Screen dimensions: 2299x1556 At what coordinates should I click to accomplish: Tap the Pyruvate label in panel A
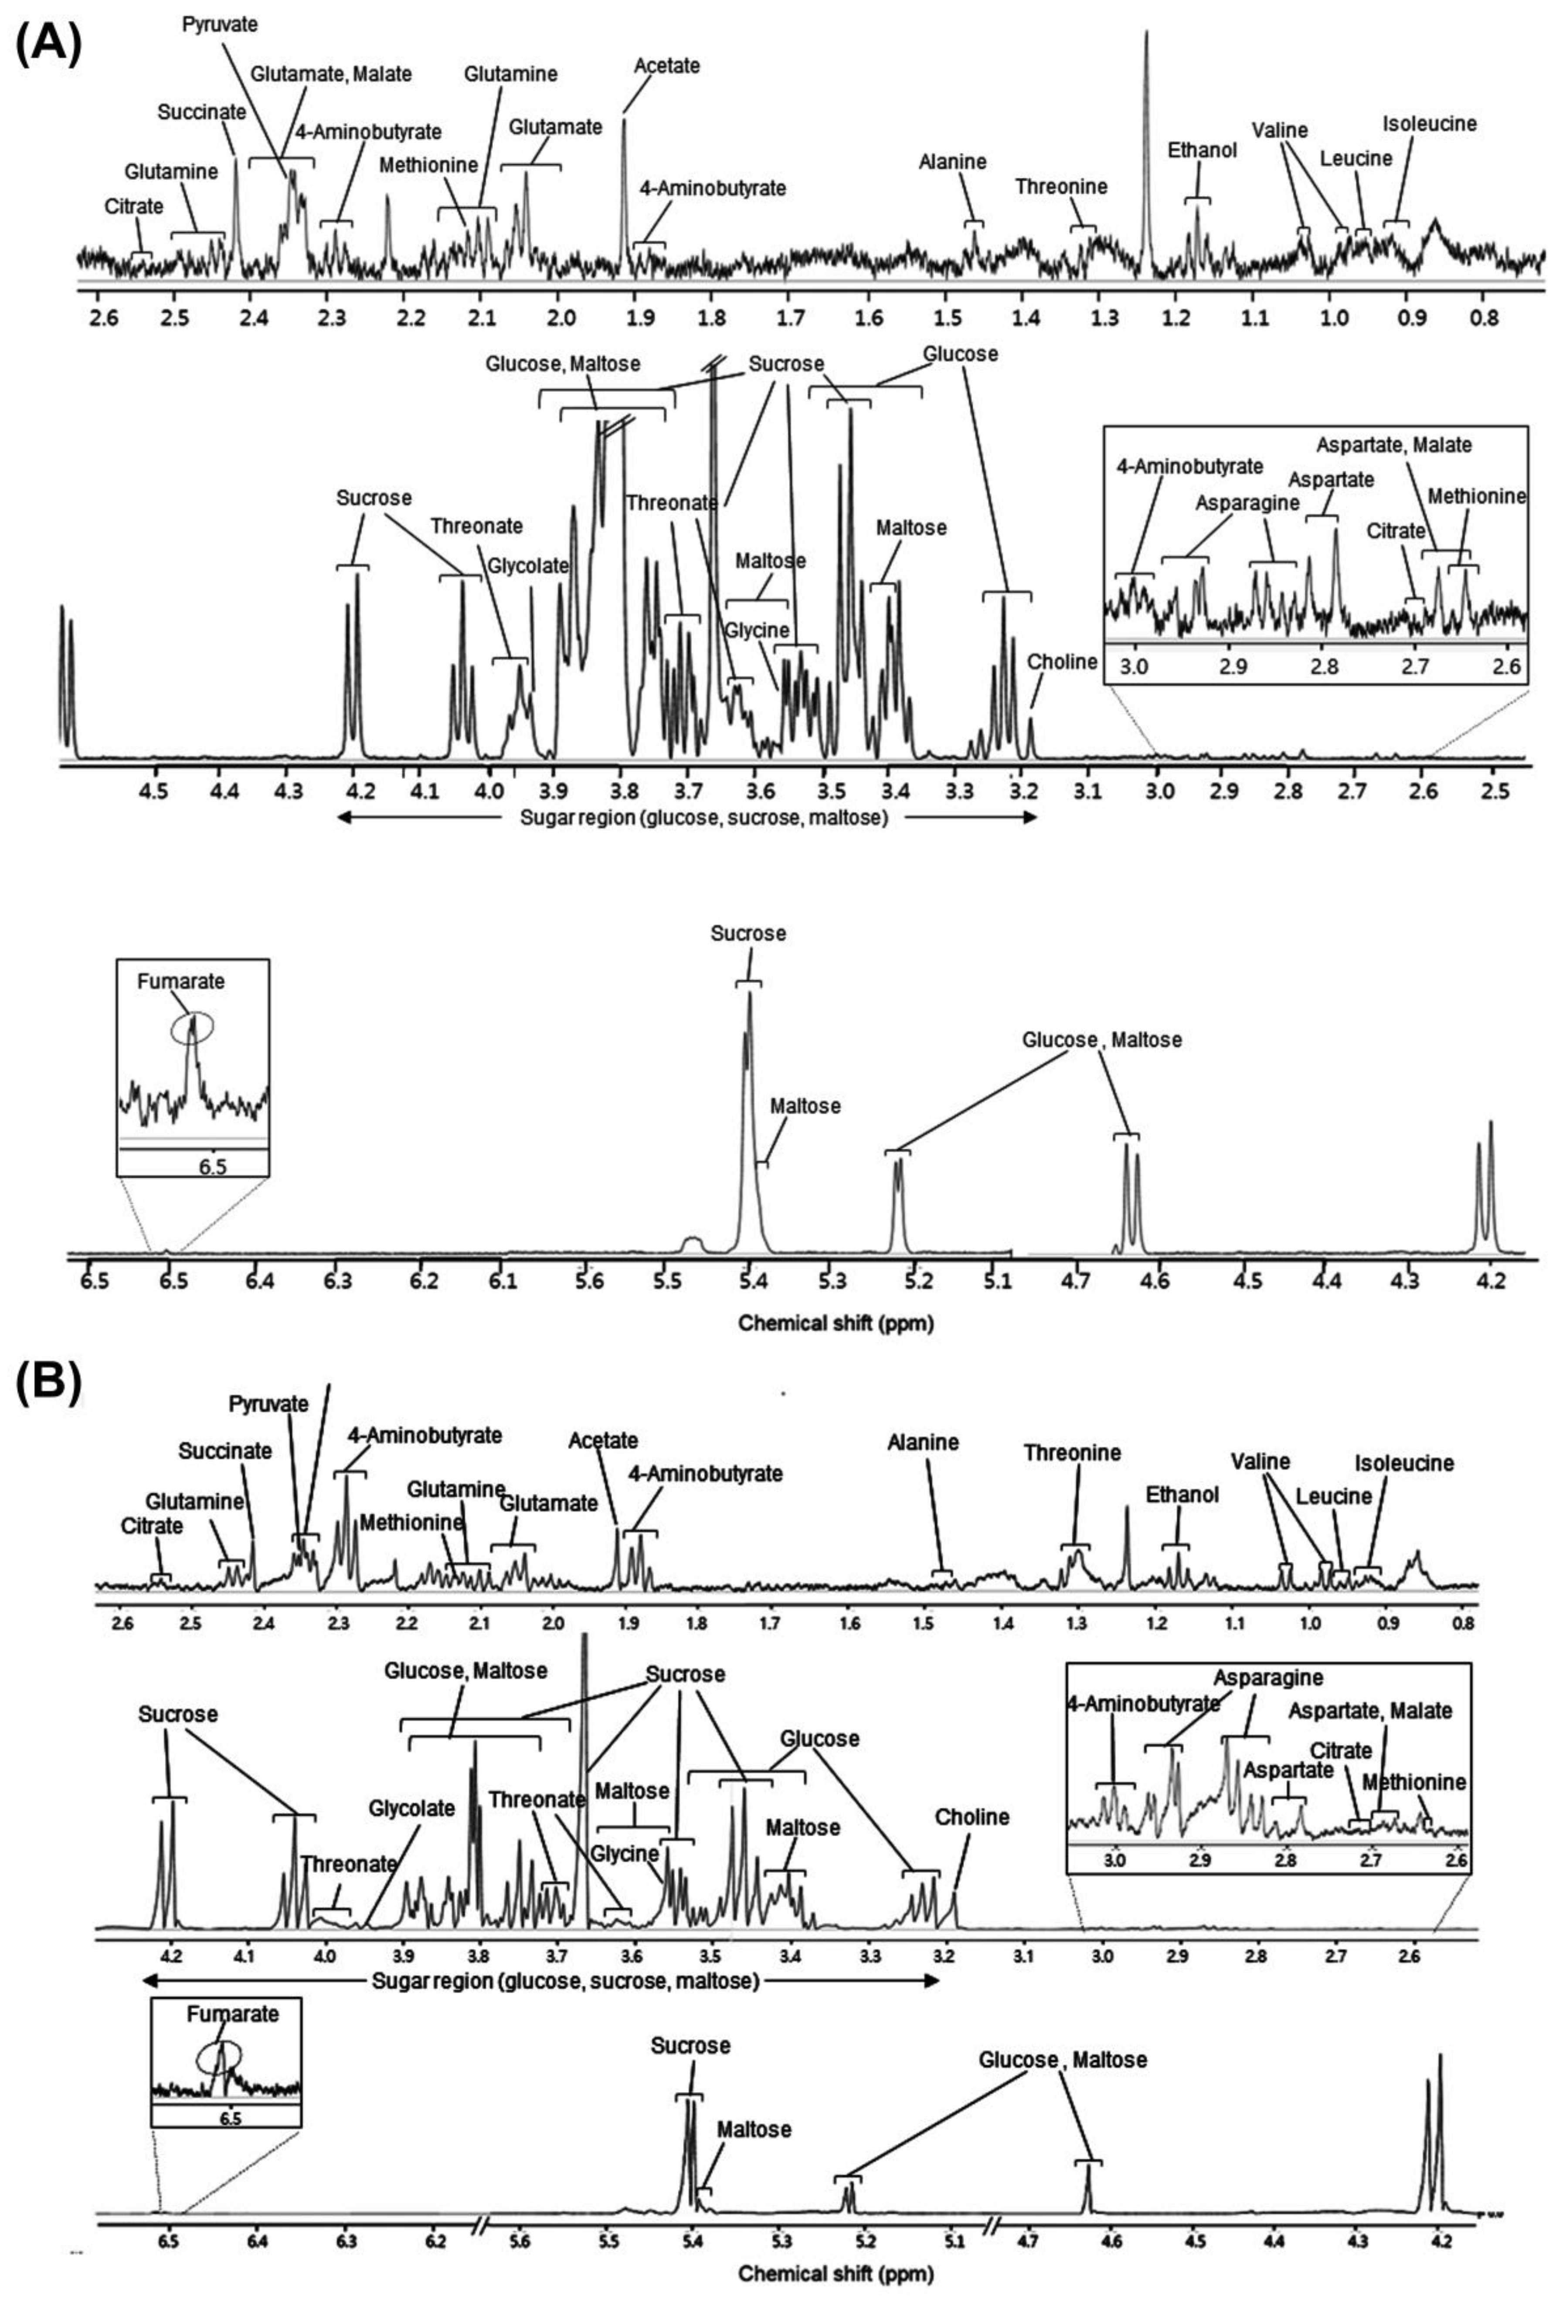(220, 24)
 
